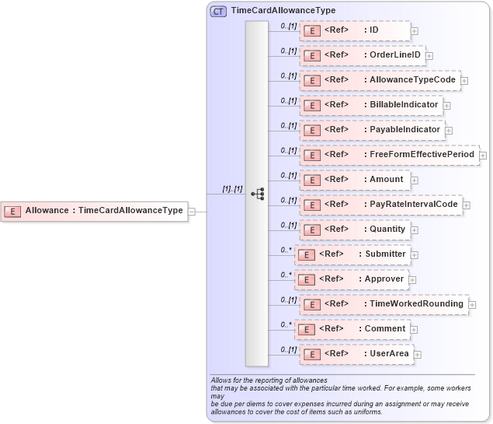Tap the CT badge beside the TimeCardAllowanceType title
[218, 11]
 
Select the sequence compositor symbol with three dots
[257, 194]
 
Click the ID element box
[355, 30]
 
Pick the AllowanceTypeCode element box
[380, 80]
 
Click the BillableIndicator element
[371, 105]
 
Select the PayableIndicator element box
[372, 130]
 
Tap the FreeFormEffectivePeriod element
[389, 155]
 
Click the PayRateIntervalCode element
[380, 205]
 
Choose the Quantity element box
[357, 230]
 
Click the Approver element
[352, 279]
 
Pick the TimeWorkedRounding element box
[384, 304]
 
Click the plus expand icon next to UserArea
[418, 355]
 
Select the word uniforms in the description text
[365, 412]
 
